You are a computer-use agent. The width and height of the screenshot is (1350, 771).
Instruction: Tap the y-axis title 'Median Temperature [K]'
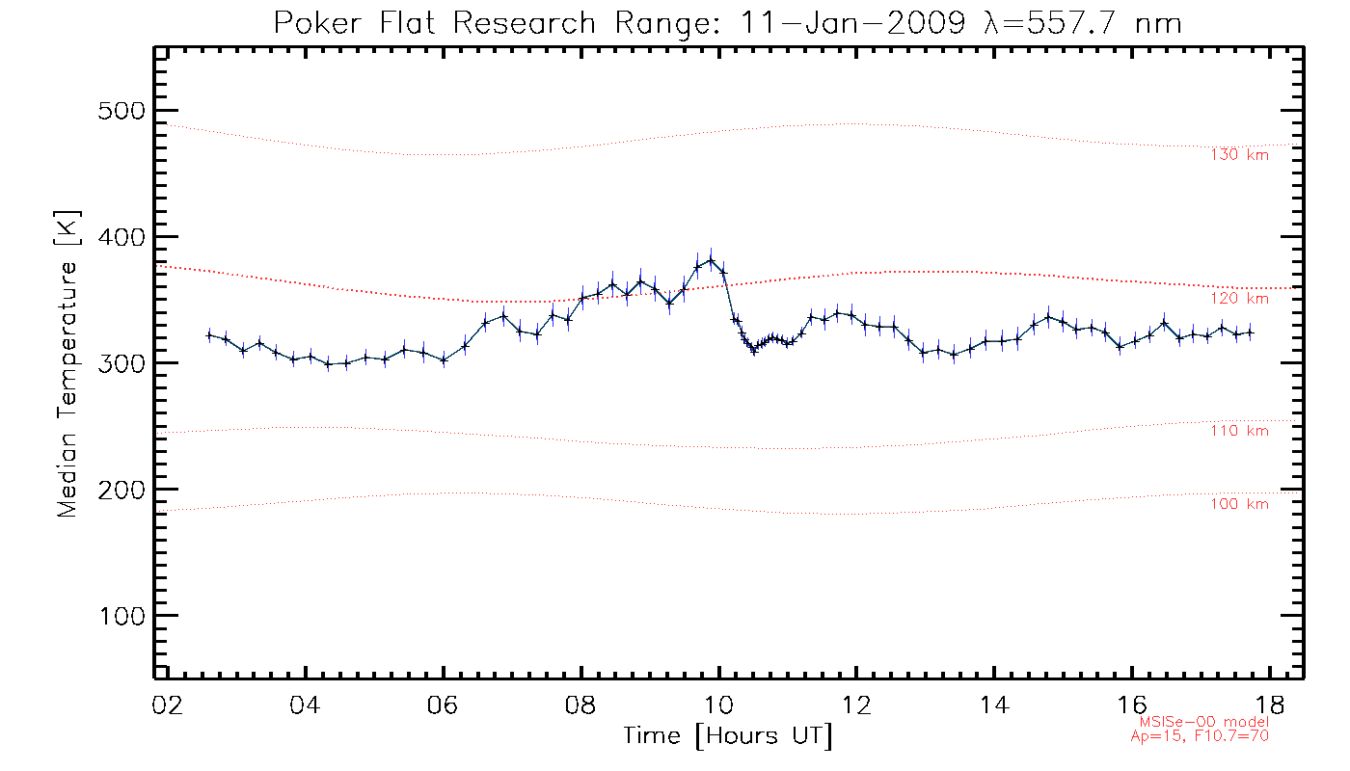pos(67,364)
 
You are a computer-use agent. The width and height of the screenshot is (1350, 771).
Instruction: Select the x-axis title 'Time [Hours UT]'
pos(728,736)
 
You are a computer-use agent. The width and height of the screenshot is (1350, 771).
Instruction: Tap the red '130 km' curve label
pos(1239,154)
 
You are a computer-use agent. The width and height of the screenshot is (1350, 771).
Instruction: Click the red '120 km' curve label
pos(1239,299)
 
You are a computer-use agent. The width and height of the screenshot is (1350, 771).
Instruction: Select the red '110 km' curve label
pos(1239,431)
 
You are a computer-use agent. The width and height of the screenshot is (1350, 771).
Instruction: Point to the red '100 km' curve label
pos(1239,504)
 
